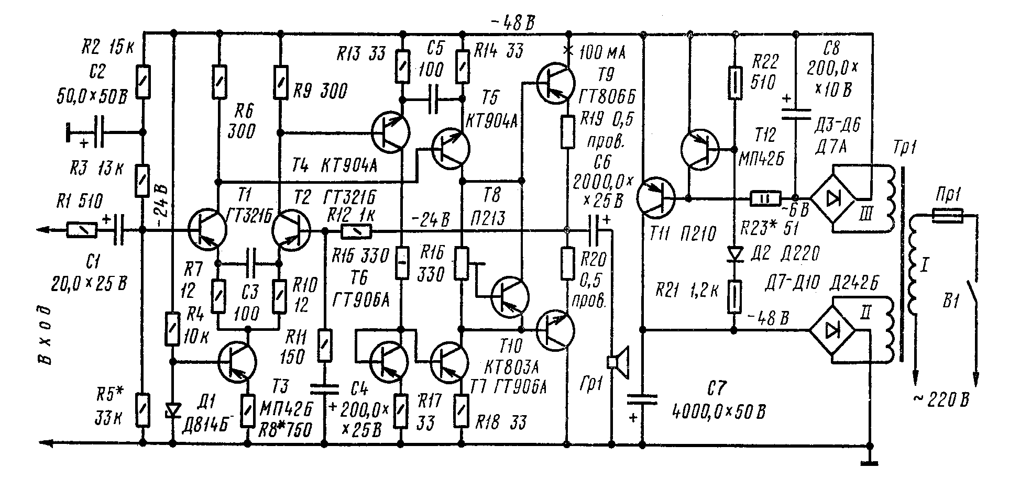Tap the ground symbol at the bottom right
[870, 461]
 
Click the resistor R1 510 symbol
[82, 229]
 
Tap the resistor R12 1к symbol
[356, 230]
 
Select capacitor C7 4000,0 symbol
[643, 400]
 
